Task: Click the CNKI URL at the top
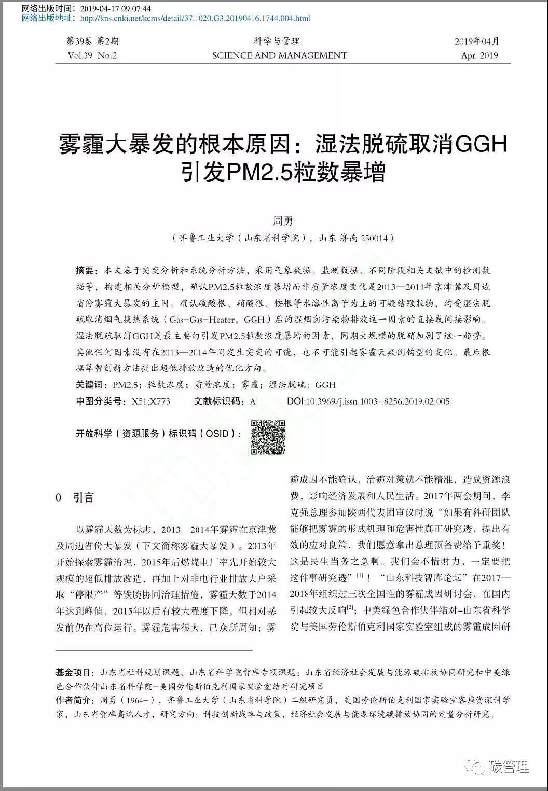point(195,18)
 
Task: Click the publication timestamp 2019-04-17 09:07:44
point(114,9)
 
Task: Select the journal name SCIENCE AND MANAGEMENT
point(279,55)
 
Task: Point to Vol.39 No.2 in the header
point(92,55)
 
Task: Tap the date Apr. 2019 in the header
point(479,55)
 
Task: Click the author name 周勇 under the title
point(283,221)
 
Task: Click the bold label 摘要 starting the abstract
point(86,270)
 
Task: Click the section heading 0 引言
point(75,498)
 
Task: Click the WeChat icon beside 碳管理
point(476,767)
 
